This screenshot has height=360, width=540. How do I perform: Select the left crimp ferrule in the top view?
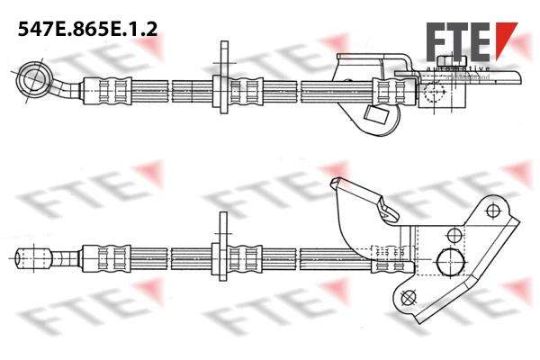101,89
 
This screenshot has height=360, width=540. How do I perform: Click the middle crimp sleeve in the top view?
236,89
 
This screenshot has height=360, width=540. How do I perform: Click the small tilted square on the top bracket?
375,113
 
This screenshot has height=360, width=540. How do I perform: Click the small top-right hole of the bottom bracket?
491,211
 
